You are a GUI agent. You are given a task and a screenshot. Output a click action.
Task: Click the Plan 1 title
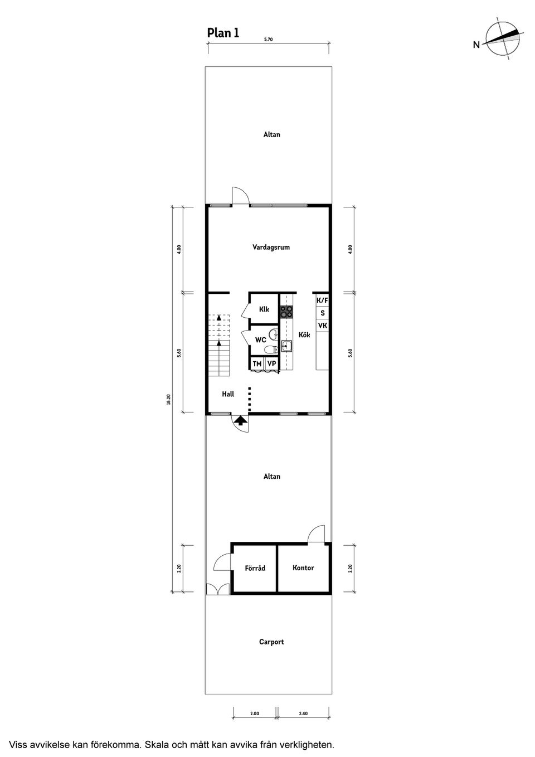(x=223, y=33)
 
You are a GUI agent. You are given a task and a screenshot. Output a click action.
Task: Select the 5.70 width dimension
(x=268, y=39)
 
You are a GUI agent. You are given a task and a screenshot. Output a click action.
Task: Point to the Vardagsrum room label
(x=271, y=247)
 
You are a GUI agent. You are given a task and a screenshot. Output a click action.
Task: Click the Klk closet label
(x=264, y=309)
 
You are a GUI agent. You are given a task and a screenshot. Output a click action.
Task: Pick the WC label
(x=260, y=339)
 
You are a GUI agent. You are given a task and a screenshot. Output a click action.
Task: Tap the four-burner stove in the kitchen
(x=286, y=312)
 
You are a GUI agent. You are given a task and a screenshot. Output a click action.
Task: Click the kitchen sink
(x=286, y=346)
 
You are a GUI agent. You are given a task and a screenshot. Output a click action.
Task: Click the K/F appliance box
(x=322, y=300)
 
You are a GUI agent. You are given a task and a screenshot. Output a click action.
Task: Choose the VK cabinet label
(x=322, y=326)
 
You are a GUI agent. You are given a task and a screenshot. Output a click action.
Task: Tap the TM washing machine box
(x=257, y=363)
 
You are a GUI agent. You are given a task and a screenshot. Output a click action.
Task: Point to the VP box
(x=271, y=363)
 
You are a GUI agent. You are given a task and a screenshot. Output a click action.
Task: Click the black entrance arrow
(x=240, y=420)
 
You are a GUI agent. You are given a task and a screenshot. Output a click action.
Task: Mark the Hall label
(x=228, y=394)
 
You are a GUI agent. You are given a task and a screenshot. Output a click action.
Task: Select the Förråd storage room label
(x=255, y=568)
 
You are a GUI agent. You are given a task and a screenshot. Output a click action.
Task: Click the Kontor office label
(x=303, y=567)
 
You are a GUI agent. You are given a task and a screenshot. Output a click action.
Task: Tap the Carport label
(x=271, y=642)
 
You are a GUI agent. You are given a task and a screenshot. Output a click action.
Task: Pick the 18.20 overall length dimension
(x=169, y=400)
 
